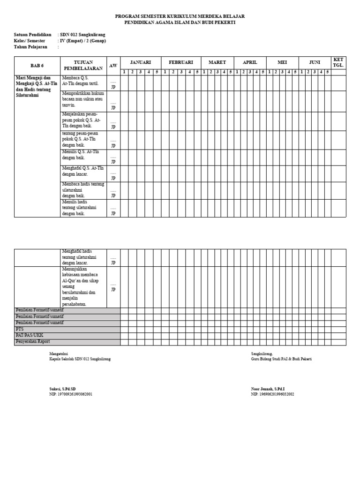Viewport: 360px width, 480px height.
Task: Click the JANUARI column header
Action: coord(141,62)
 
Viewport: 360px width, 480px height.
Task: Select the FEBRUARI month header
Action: coord(181,62)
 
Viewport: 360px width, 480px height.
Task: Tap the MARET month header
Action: coord(217,62)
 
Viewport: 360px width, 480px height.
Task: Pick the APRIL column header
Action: coord(250,62)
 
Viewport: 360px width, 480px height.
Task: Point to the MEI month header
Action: coord(282,62)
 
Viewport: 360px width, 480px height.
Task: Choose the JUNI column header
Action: coord(315,62)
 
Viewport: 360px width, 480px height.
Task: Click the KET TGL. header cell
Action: coord(338,62)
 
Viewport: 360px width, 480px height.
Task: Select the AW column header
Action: coord(113,66)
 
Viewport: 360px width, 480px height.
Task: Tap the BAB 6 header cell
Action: coord(37,66)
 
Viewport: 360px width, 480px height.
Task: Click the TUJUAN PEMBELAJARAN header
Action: coord(83,65)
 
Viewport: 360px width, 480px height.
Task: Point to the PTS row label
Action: coord(20,329)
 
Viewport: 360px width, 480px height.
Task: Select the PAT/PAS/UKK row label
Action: coord(28,335)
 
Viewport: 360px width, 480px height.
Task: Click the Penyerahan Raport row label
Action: coord(33,342)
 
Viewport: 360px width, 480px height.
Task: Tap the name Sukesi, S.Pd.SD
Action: coord(62,389)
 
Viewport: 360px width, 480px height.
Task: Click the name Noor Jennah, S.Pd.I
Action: coord(268,389)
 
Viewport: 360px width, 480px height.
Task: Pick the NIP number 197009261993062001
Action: coord(71,394)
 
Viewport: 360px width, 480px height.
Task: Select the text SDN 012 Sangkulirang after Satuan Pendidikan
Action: coord(82,35)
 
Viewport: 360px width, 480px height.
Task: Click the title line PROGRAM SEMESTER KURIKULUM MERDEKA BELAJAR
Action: coord(180,16)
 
